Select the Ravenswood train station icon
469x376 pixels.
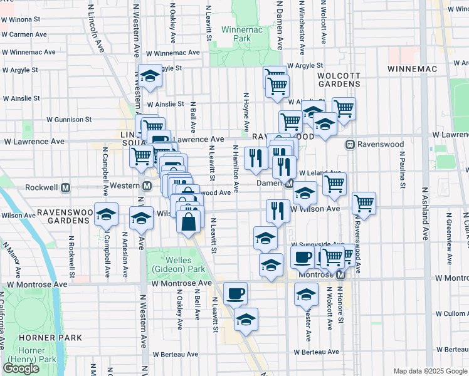click(350, 144)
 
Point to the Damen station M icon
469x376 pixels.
click(289, 184)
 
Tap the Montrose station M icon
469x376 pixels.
click(341, 275)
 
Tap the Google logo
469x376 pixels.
click(21, 368)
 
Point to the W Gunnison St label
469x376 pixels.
click(70, 119)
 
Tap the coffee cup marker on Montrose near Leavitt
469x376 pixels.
click(235, 293)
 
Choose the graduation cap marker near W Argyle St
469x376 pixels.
click(150, 76)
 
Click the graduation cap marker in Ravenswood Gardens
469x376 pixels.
click(106, 214)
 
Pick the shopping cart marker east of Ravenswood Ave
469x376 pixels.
click(364, 202)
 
